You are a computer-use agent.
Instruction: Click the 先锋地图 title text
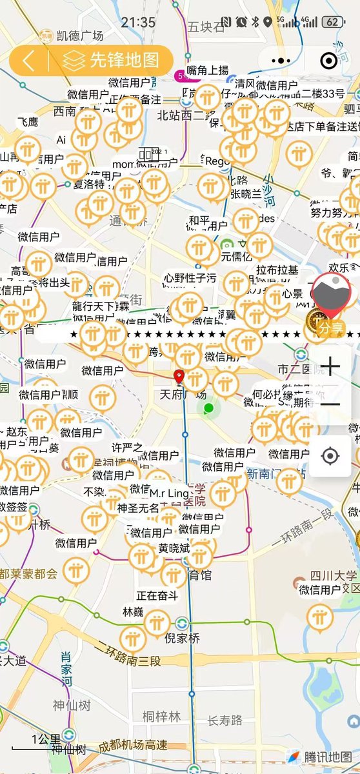click(x=124, y=61)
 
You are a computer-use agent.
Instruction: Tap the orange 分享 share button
click(x=331, y=329)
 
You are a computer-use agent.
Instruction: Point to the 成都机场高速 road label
click(x=134, y=745)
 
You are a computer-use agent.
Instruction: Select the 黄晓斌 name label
click(x=174, y=548)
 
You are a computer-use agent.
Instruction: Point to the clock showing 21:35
click(x=137, y=22)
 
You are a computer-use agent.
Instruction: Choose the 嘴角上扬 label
click(x=207, y=70)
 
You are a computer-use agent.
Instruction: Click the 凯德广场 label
click(x=80, y=35)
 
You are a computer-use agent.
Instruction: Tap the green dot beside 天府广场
click(x=208, y=408)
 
